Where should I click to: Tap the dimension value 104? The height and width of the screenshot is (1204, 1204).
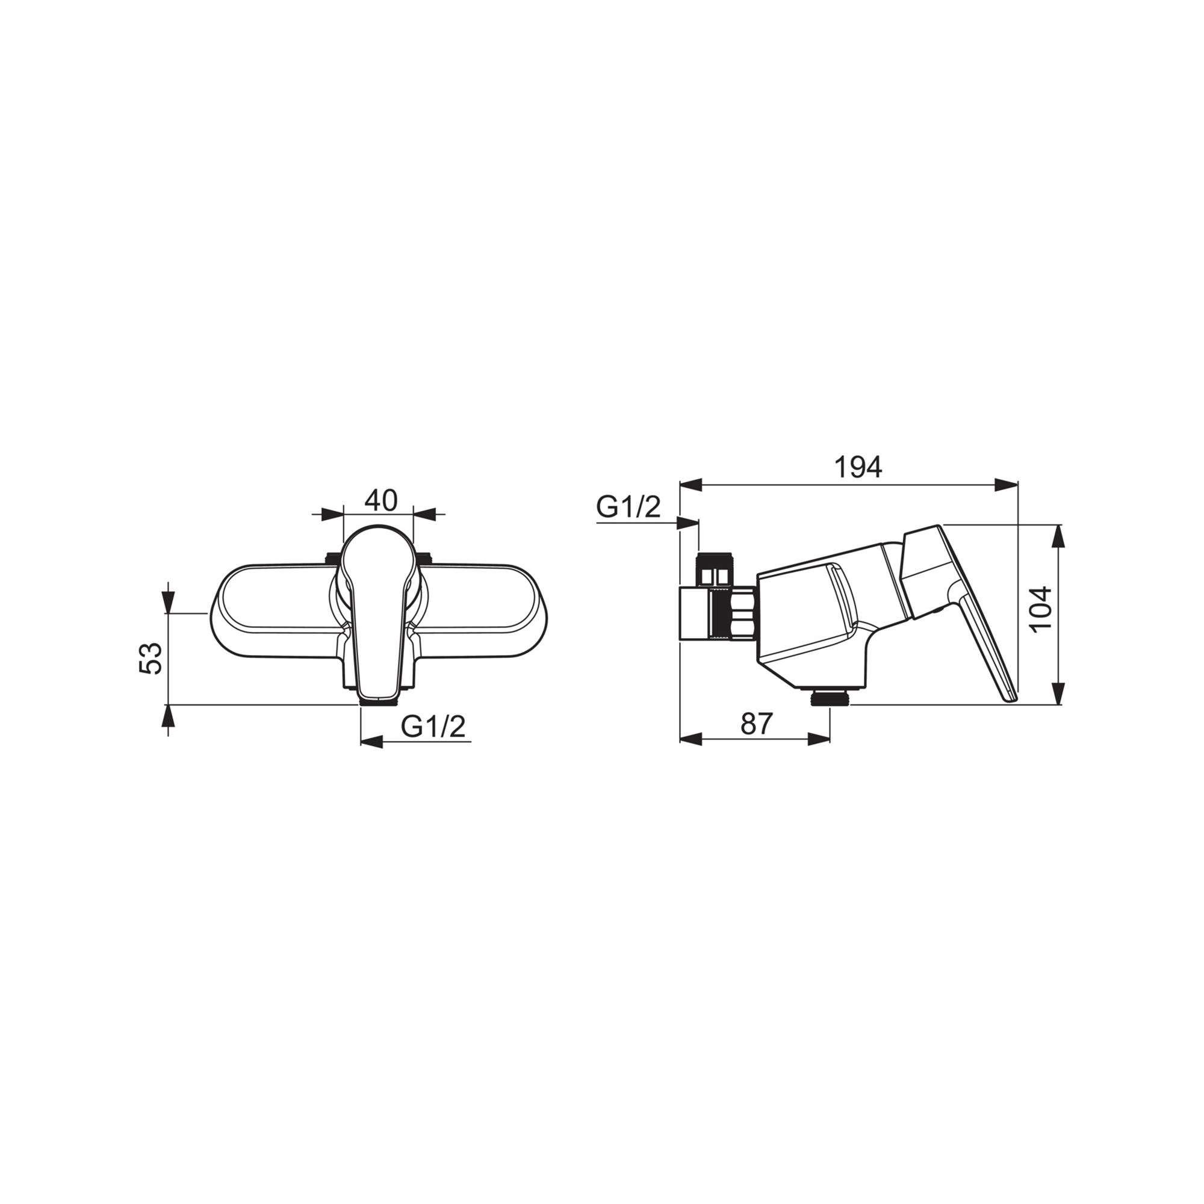point(1041,609)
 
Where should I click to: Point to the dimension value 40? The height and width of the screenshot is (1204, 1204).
point(381,500)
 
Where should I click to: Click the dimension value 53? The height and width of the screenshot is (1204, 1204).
point(150,658)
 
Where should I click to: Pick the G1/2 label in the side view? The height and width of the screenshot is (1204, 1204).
point(628,507)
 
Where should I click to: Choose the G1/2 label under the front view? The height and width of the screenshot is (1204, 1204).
point(433,727)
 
